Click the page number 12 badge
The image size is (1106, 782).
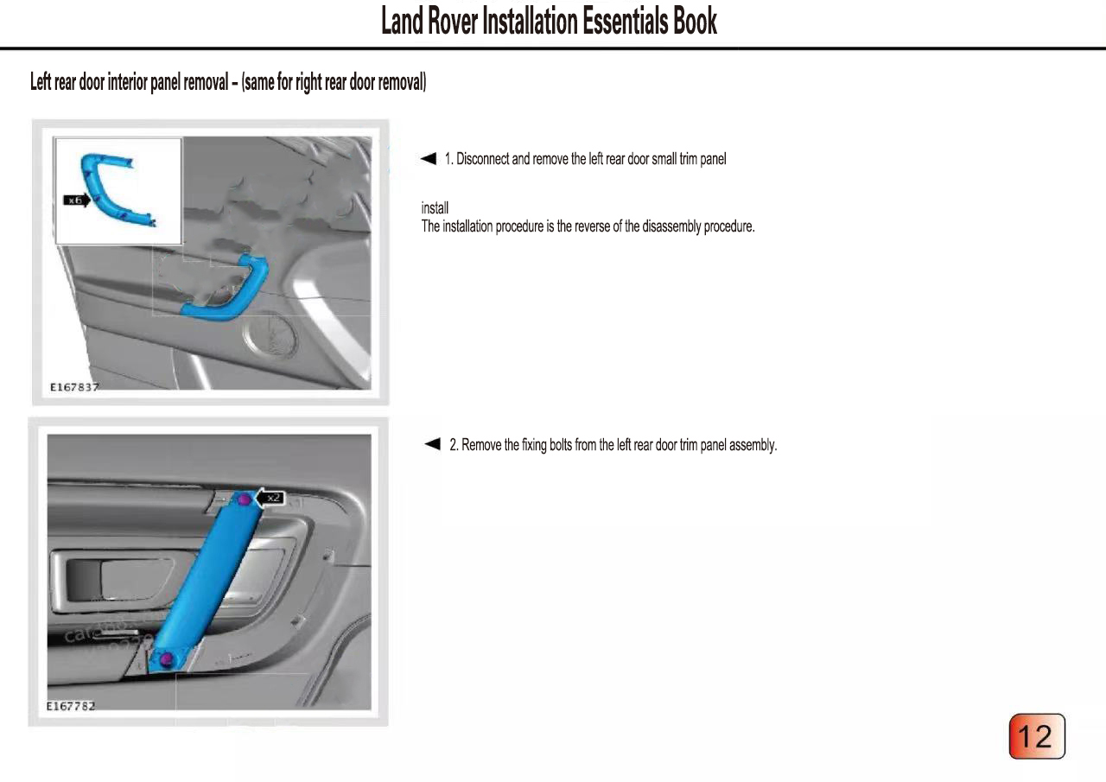point(1037,736)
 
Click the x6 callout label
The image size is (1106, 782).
point(74,200)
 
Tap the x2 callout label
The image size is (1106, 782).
point(274,497)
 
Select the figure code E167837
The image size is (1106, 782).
point(73,387)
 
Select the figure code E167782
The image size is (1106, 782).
point(71,706)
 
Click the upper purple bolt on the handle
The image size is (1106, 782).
point(245,499)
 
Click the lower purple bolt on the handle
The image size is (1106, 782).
point(167,660)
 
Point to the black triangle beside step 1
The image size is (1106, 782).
point(429,158)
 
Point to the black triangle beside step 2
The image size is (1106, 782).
point(433,444)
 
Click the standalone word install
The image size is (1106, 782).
point(435,208)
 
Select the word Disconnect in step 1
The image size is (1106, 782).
point(483,159)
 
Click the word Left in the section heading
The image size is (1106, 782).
point(40,82)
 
